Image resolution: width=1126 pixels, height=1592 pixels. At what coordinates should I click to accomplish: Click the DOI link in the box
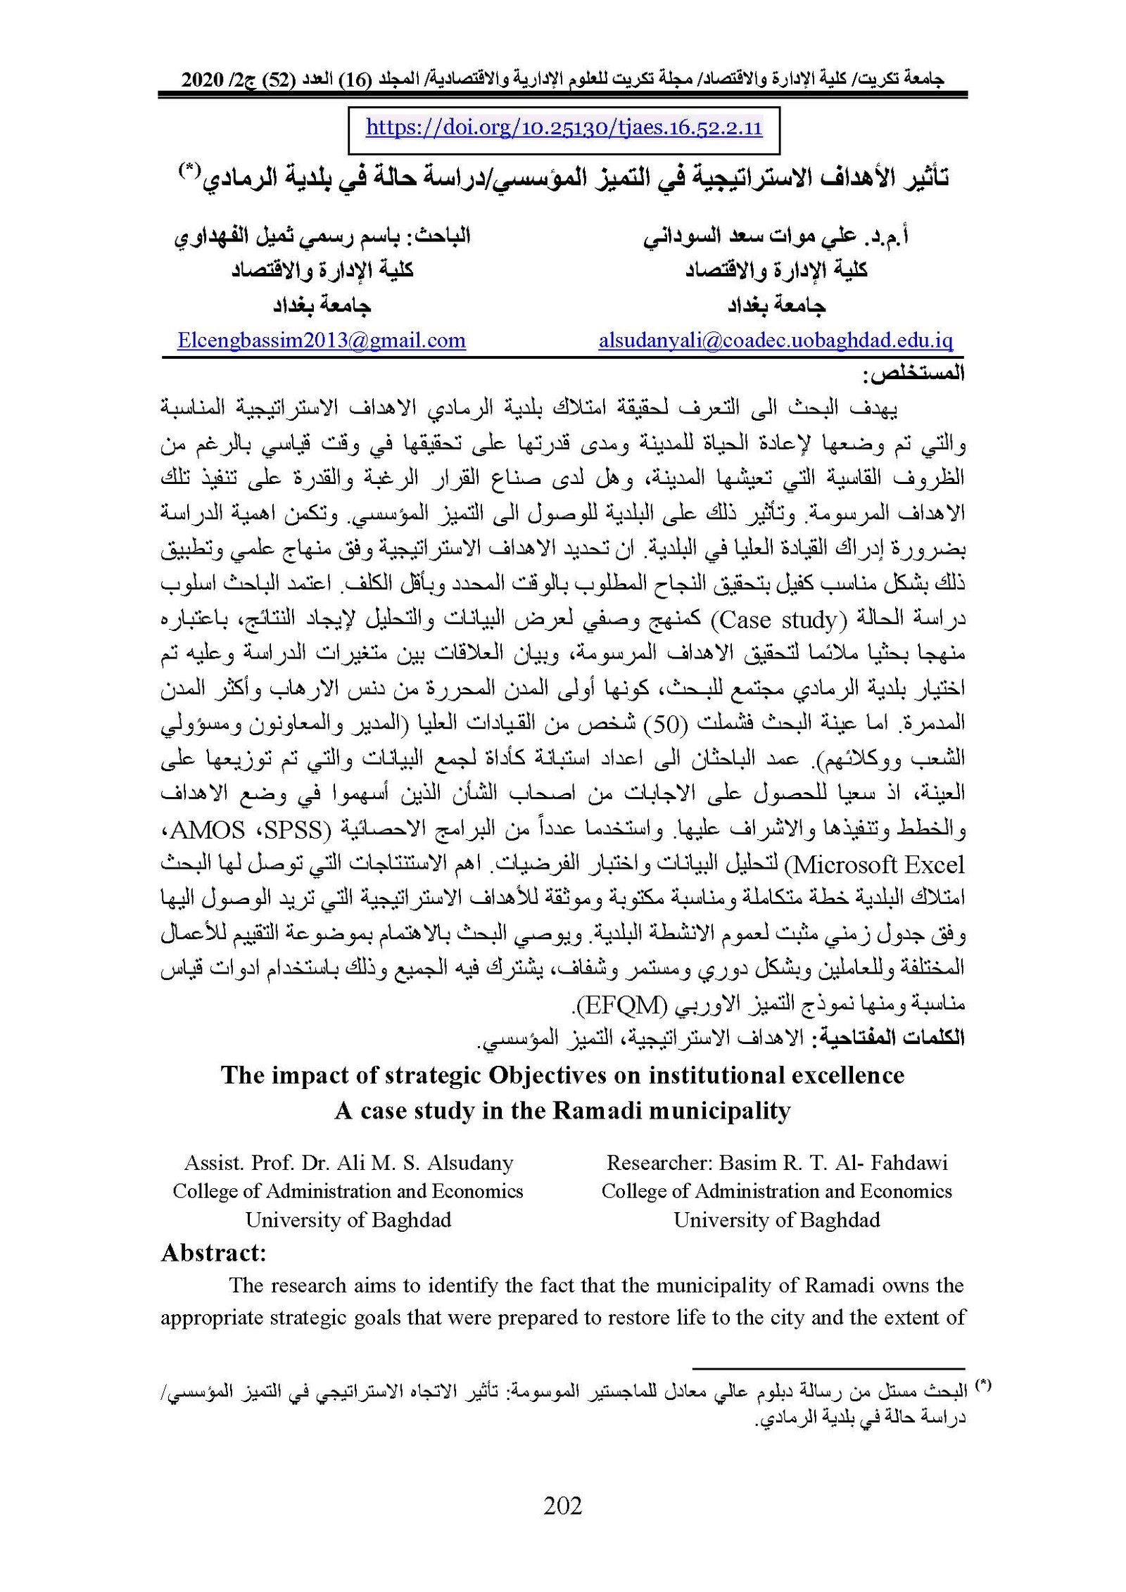(564, 128)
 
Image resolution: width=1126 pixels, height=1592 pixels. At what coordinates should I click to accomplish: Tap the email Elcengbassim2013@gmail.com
(322, 341)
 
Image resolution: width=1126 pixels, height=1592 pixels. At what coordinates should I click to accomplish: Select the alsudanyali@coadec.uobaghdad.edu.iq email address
(776, 341)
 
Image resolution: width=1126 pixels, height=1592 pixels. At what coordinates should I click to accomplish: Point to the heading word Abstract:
(213, 1253)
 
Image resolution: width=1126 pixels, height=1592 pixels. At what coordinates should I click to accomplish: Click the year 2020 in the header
(202, 79)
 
